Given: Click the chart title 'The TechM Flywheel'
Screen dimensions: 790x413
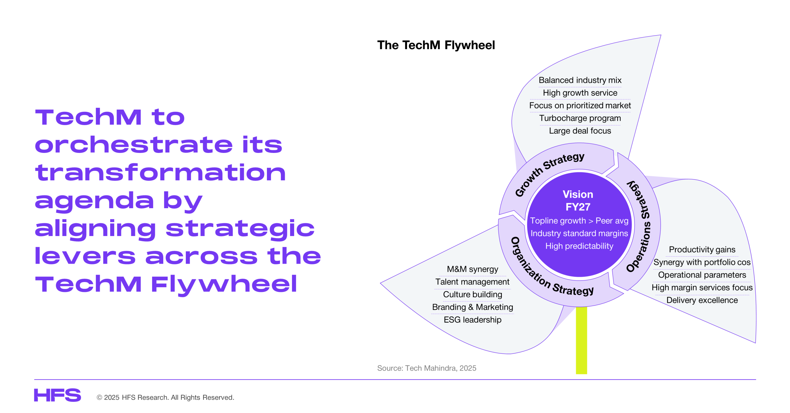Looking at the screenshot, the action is point(436,45).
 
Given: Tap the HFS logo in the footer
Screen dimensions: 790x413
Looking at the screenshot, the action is point(57,395).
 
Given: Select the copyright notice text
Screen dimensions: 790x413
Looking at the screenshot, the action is point(165,397).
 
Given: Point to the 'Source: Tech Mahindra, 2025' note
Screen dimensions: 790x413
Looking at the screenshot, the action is point(426,368).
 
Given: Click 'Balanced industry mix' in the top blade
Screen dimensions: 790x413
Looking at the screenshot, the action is point(580,80).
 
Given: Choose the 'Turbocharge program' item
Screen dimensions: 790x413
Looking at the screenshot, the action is point(580,118).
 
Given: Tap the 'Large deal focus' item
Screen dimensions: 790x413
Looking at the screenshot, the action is point(580,131).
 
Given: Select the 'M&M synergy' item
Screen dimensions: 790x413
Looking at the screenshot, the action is point(472,269).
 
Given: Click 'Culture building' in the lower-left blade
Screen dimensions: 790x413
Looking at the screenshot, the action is point(472,294).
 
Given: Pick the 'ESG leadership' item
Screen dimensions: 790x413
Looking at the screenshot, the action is point(472,320).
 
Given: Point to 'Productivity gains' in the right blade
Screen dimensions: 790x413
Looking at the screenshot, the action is point(702,249).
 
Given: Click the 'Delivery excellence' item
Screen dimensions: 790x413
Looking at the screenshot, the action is point(702,300).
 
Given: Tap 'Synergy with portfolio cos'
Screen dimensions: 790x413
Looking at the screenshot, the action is point(702,262).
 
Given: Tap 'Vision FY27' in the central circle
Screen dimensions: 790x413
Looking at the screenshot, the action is point(578,200).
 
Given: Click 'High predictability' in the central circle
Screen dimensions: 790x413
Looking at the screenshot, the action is point(579,246).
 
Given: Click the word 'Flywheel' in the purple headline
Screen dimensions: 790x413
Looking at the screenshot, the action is point(224,284).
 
